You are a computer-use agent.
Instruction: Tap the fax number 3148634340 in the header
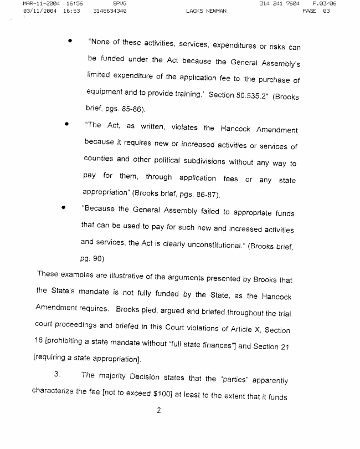[x=111, y=11]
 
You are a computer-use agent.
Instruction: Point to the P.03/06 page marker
[x=324, y=4]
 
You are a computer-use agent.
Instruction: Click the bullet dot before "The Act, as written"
[x=66, y=124]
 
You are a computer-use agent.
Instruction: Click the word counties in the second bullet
[x=99, y=159]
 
